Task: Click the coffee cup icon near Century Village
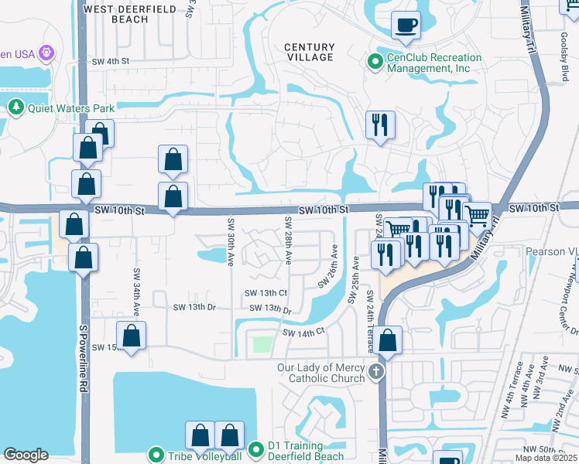tap(406, 26)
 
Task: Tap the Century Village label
tap(309, 52)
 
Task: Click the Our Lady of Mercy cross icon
tap(375, 373)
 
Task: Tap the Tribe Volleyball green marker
tap(156, 455)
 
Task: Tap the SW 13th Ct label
tap(266, 293)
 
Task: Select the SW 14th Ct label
tap(303, 333)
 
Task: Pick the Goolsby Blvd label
tap(564, 58)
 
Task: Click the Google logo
tap(26, 455)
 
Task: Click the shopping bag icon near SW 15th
tap(132, 336)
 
